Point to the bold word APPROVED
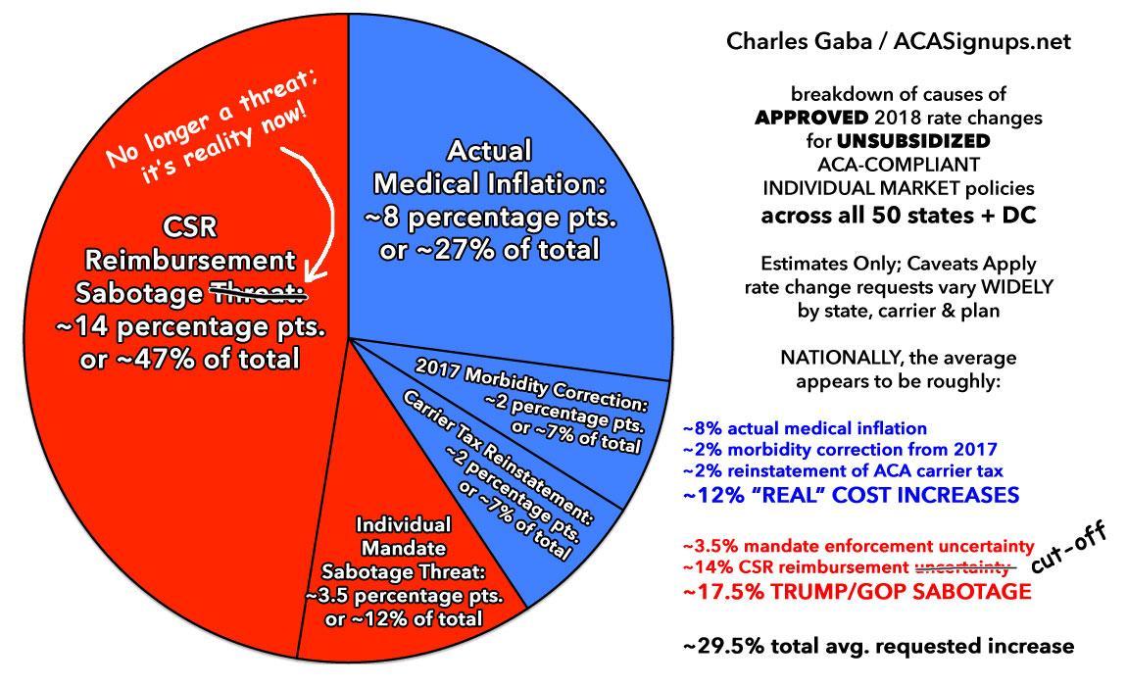pos(808,119)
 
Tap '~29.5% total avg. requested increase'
pos(878,646)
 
